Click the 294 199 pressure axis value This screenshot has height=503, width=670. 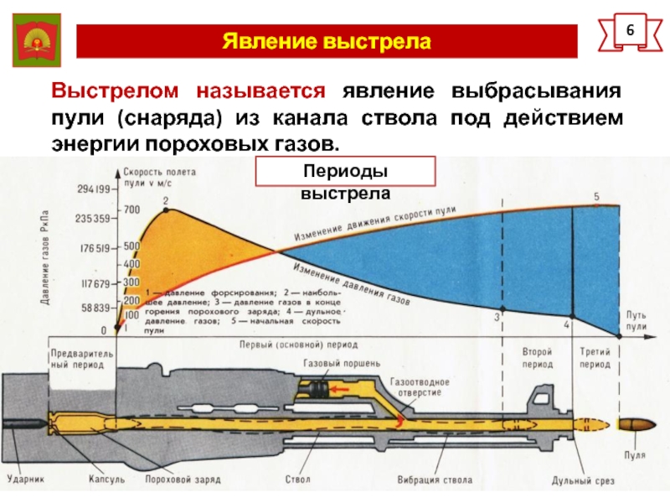[x=92, y=189]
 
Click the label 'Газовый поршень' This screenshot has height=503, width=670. [x=341, y=364]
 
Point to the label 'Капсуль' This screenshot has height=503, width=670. [x=107, y=480]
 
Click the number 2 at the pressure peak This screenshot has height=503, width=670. [x=165, y=200]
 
